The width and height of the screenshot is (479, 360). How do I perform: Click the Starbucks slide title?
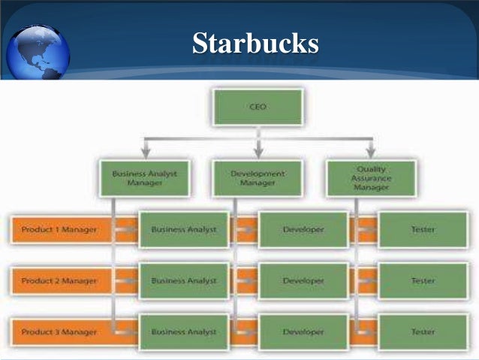[x=255, y=43]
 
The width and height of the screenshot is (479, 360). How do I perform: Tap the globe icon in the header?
[x=38, y=51]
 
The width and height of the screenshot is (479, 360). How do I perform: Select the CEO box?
[x=258, y=107]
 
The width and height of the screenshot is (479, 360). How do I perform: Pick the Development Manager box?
[x=258, y=177]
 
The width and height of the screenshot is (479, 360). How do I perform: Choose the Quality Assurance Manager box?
[x=370, y=178]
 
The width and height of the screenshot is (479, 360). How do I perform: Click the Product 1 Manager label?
[x=59, y=229]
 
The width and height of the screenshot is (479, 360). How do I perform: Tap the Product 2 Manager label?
[x=59, y=280]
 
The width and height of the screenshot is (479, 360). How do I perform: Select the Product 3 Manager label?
[x=59, y=331]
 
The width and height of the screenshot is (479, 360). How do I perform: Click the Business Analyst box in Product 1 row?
[x=183, y=229]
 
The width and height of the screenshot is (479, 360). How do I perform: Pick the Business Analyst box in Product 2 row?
[x=183, y=280]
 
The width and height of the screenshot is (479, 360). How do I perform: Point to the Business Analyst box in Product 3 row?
[x=183, y=331]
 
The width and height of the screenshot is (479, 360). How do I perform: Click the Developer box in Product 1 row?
[x=303, y=229]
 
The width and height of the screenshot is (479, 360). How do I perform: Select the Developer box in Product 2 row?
[x=303, y=280]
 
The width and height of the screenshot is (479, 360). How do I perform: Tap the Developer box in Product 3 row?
[x=303, y=331]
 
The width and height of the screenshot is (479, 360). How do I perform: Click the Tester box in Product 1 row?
[x=423, y=229]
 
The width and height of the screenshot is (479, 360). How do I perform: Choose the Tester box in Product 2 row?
[x=423, y=280]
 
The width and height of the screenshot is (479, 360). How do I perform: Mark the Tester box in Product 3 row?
[x=423, y=331]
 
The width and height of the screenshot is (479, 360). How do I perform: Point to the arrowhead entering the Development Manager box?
[x=258, y=153]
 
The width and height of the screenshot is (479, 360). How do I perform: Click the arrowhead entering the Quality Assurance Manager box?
[x=371, y=153]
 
